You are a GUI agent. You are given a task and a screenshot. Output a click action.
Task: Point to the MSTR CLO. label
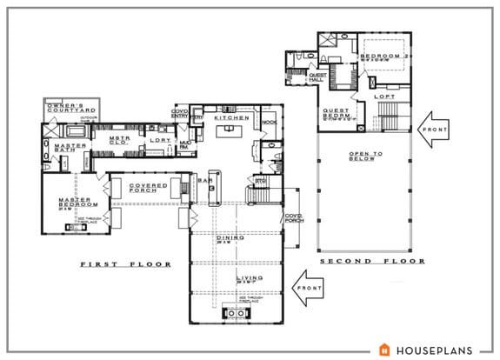[119, 141]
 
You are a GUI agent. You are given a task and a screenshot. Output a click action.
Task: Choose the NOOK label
[269, 123]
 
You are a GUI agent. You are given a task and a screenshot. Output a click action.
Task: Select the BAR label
[209, 182]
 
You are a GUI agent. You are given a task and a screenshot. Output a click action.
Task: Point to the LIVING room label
[232, 280]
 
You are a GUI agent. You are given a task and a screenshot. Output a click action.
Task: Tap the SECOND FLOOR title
[372, 261]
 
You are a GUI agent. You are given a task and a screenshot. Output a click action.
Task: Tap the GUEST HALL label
[317, 76]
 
